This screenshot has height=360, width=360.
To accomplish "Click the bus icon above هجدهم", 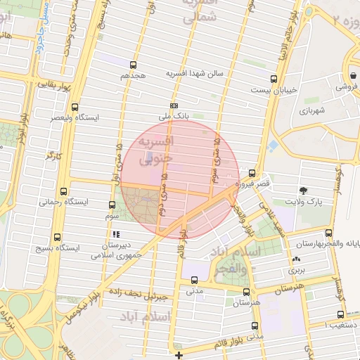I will click(x=133, y=65).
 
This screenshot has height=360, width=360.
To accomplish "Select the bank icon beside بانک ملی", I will click(x=174, y=105).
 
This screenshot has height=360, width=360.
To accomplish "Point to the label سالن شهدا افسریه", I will click(x=194, y=73).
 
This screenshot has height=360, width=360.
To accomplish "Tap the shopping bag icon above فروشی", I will click(x=351, y=75).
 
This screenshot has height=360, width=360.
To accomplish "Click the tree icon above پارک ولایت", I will click(x=304, y=190).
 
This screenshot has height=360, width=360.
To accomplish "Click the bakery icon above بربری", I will click(x=295, y=259).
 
